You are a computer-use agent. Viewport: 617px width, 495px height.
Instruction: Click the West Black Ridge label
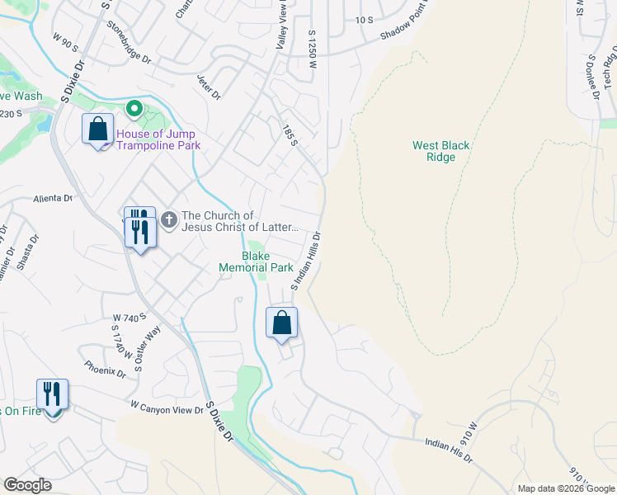click(441, 151)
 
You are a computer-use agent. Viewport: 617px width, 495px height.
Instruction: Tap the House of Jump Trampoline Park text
click(158, 139)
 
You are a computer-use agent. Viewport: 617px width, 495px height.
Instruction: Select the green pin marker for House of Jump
click(133, 109)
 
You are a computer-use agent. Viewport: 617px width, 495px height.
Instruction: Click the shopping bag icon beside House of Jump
click(97, 130)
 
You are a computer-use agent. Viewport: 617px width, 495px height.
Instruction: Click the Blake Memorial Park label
click(256, 262)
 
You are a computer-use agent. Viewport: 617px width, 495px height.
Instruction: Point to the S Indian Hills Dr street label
click(306, 260)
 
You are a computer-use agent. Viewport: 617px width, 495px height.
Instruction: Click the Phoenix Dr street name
click(105, 369)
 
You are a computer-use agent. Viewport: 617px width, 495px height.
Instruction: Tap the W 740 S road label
click(130, 317)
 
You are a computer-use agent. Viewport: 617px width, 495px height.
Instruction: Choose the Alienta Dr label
click(54, 199)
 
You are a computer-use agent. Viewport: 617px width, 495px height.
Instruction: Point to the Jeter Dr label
click(209, 87)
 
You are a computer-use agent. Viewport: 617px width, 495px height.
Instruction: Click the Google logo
click(27, 485)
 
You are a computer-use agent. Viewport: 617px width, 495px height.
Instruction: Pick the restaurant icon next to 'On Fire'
click(53, 395)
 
